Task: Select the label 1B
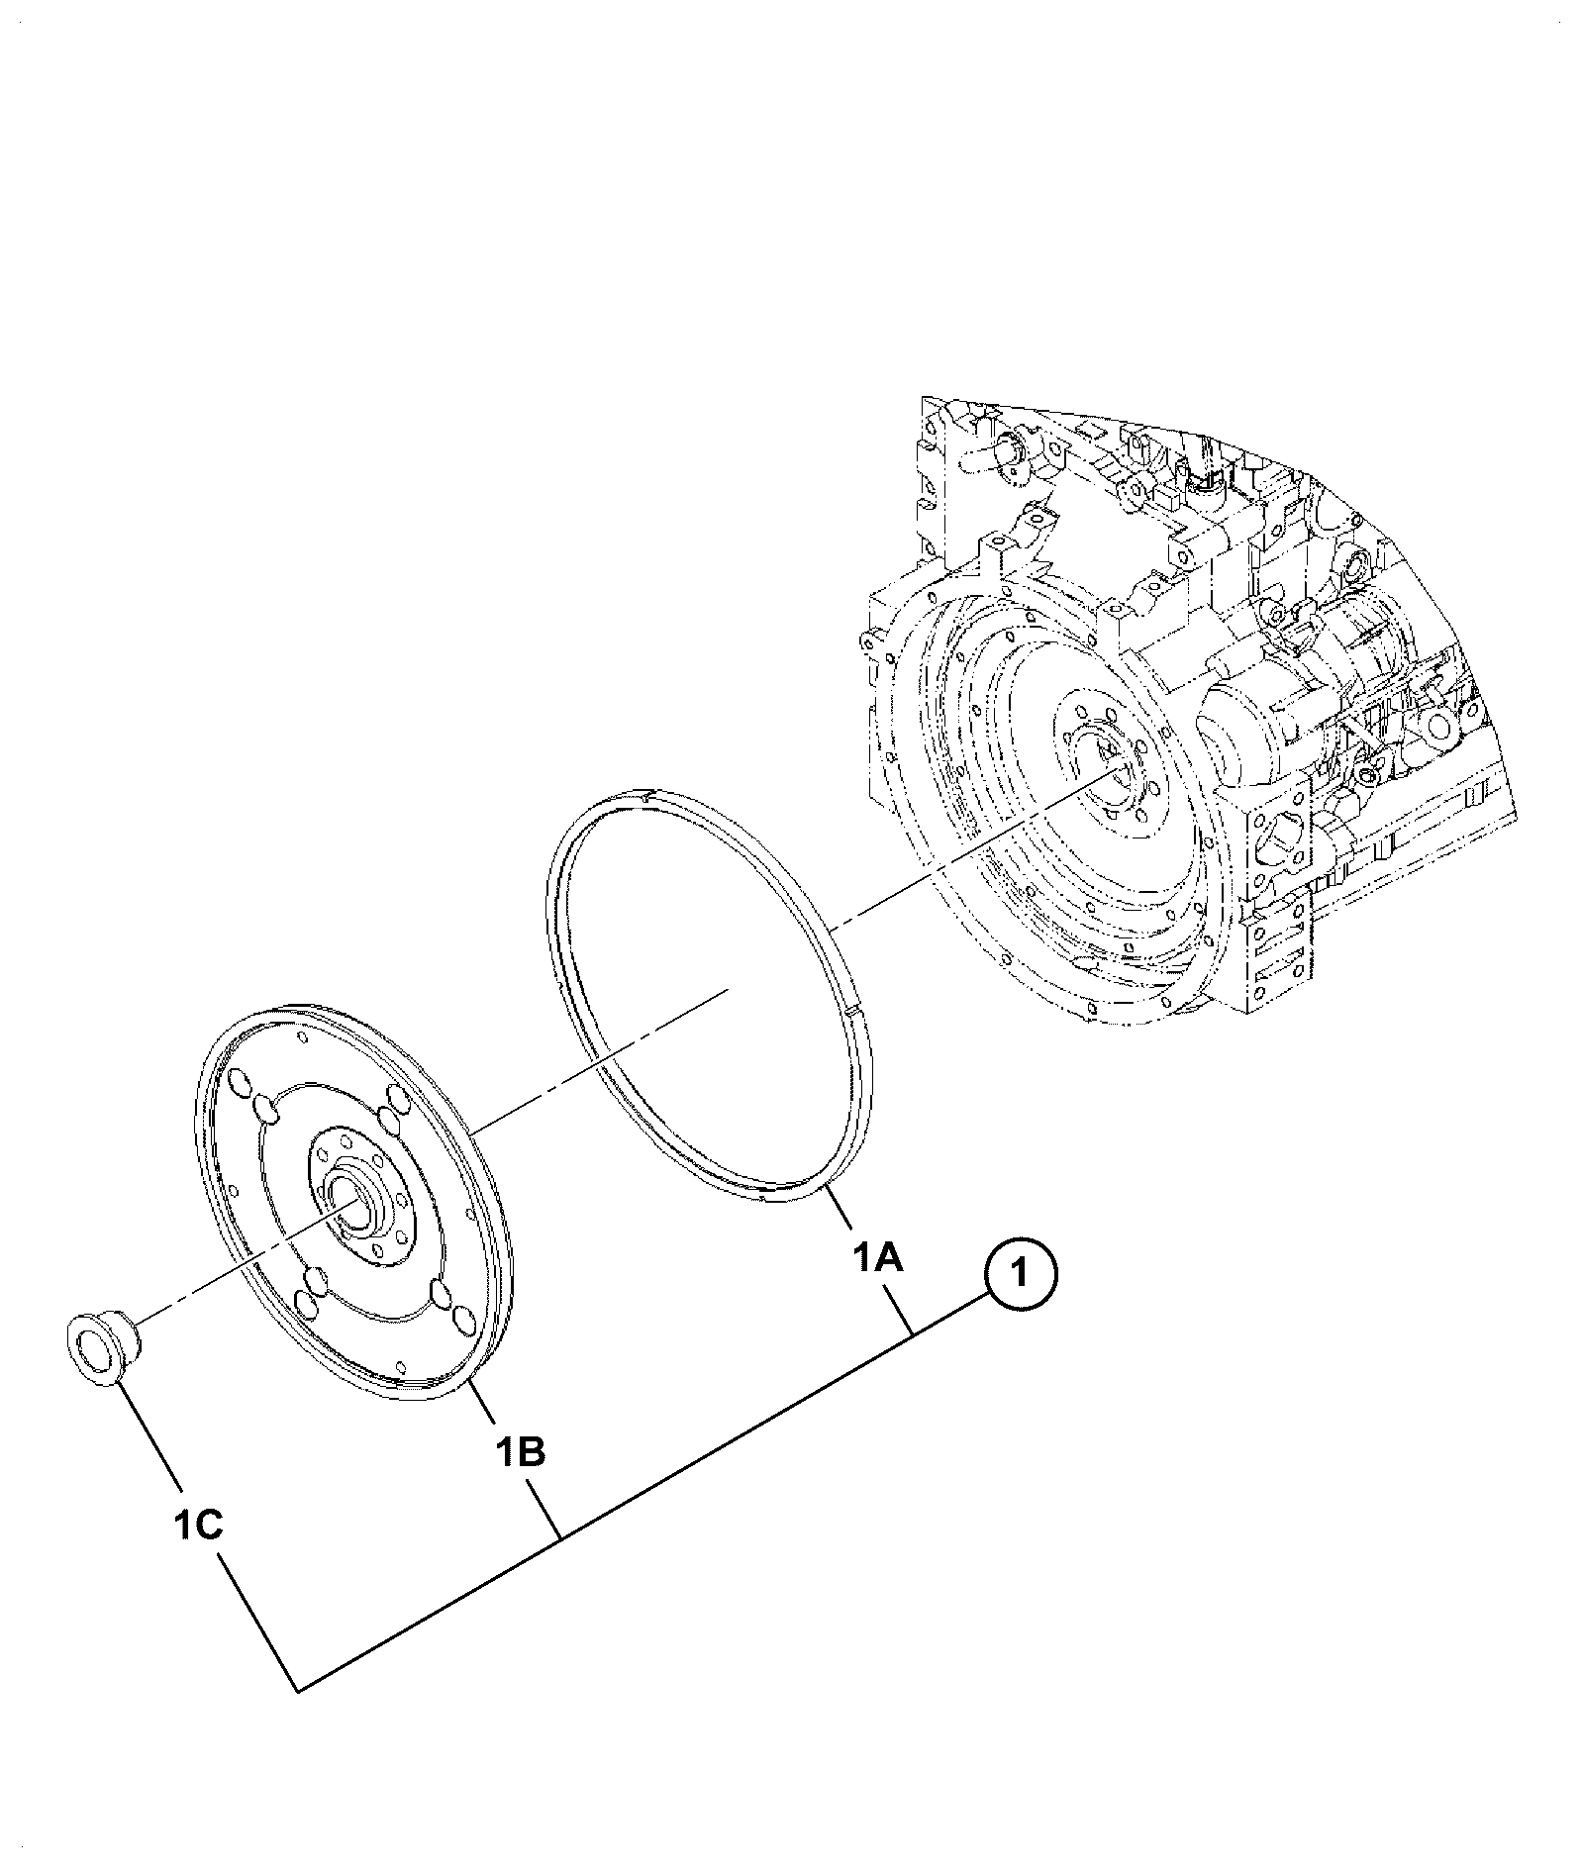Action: [x=521, y=1453]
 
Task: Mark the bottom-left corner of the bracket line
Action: [x=299, y=1690]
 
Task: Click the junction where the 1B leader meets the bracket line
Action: [x=561, y=1537]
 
